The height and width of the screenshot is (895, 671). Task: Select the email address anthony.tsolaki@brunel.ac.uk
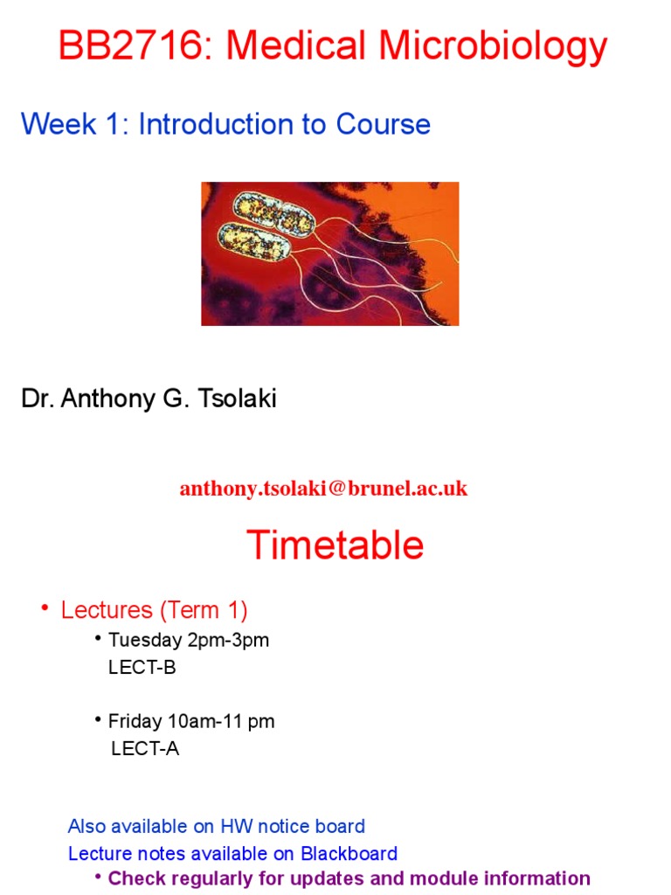pos(323,489)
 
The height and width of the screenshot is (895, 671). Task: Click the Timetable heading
pos(335,545)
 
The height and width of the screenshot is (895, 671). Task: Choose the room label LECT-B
pos(142,668)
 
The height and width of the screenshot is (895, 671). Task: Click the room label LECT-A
pos(145,749)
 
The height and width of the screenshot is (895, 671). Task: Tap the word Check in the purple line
pos(135,878)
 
